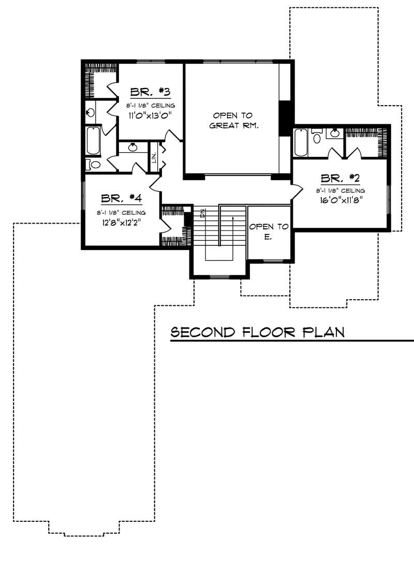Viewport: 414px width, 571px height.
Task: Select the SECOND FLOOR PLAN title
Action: pyautogui.click(x=258, y=332)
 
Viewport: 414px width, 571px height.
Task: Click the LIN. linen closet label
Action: pyautogui.click(x=154, y=156)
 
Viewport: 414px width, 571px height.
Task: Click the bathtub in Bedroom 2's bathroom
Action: pyautogui.click(x=301, y=142)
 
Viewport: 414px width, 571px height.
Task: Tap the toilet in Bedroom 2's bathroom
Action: pyautogui.click(x=317, y=137)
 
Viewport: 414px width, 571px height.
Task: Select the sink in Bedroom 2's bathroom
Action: pyautogui.click(x=334, y=134)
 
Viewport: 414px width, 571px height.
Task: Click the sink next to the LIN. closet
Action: pyautogui.click(x=133, y=147)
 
